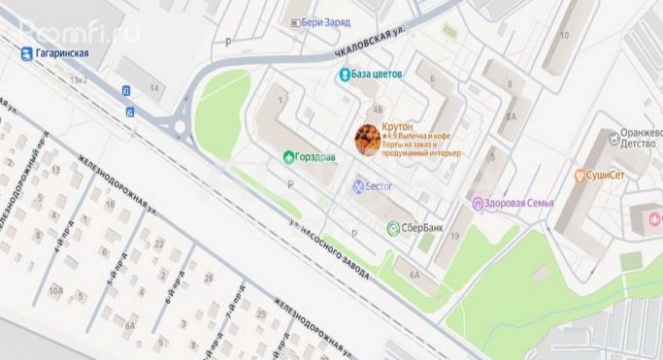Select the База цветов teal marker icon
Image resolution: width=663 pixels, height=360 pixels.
tap(344, 74)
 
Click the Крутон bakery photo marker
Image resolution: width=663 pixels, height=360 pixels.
tap(367, 140)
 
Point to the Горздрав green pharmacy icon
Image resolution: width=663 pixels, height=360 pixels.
tap(287, 156)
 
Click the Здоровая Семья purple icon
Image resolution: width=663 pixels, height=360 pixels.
tap(477, 203)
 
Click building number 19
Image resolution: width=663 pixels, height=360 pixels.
tap(453, 222)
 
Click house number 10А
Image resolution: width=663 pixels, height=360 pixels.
tap(56, 289)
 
